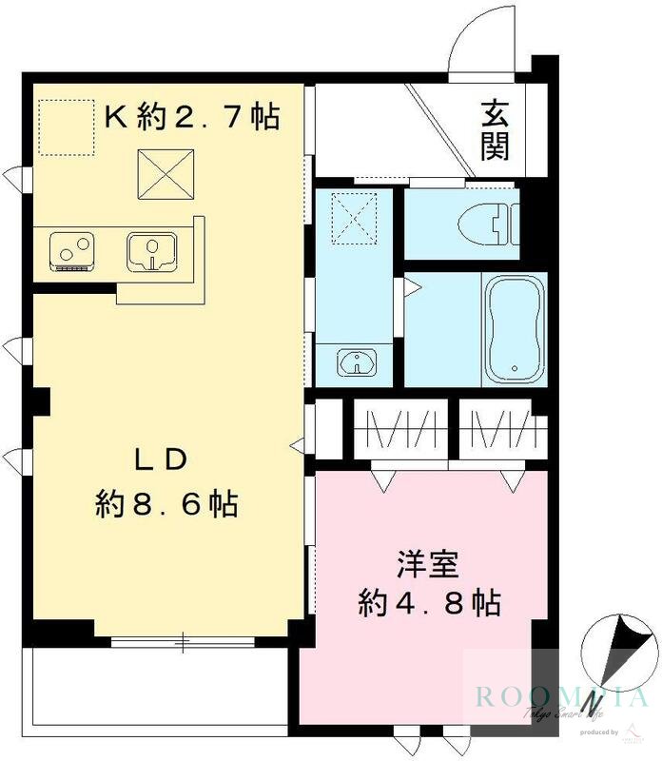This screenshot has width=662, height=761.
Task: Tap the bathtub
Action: click(x=514, y=329)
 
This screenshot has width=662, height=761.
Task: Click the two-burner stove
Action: click(x=72, y=252)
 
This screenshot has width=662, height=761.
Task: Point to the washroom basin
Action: click(x=358, y=361)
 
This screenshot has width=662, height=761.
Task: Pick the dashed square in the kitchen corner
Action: click(x=66, y=127)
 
